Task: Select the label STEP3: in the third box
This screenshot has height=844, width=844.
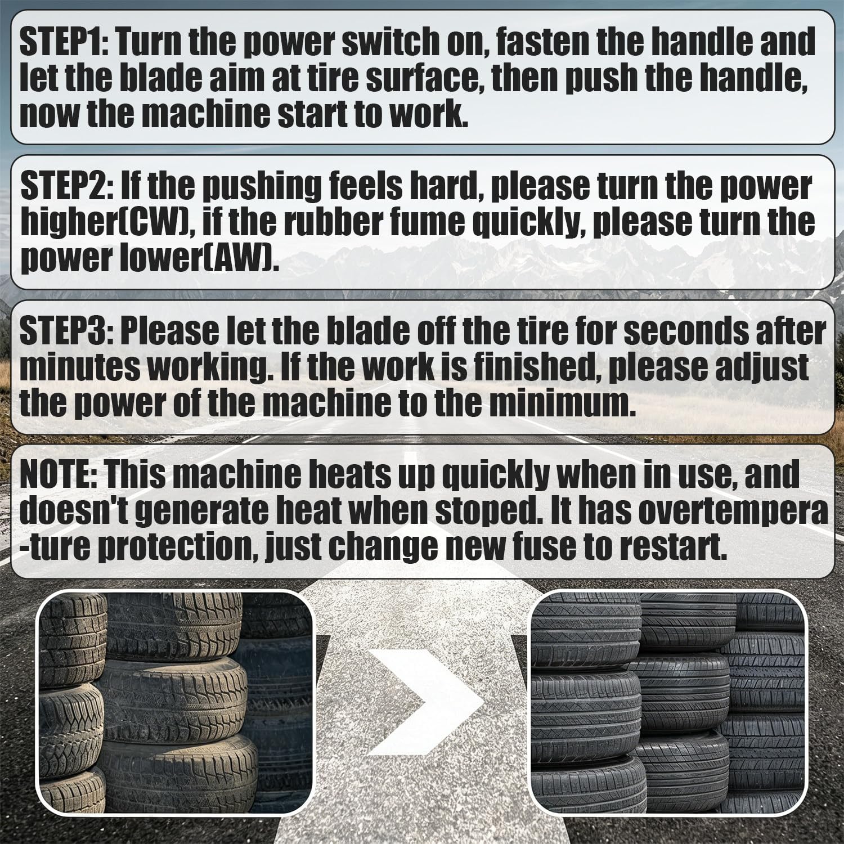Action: pos(66,332)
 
